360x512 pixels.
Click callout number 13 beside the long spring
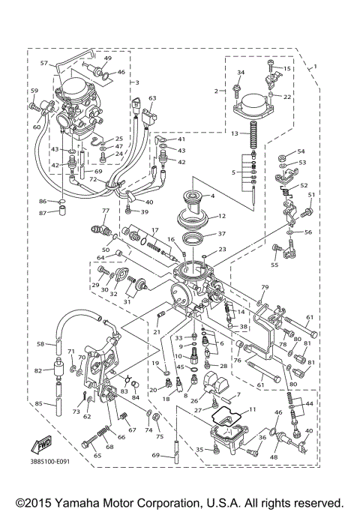234,133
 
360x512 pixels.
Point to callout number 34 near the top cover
241,73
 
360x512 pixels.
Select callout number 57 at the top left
43,64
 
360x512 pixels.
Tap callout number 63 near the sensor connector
152,98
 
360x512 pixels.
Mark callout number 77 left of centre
106,211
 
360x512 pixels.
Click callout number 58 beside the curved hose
40,344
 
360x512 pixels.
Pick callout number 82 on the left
37,370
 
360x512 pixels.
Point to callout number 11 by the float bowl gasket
252,409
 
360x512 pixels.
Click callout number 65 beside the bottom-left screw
76,455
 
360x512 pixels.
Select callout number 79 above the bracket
264,288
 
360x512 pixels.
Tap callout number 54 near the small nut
301,151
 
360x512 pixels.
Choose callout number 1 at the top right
315,67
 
